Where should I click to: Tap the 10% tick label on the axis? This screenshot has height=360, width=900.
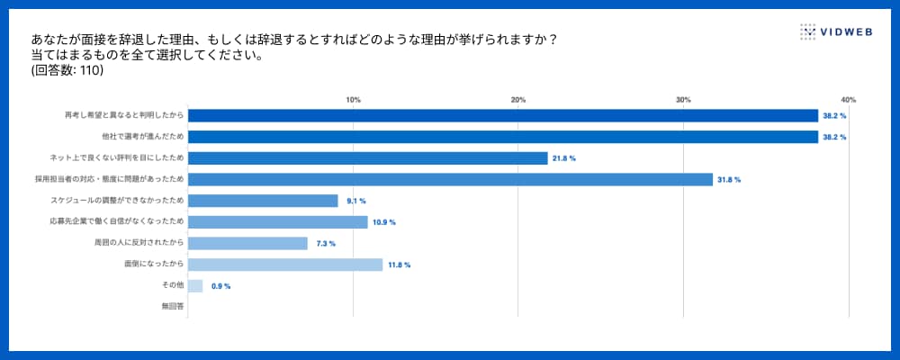pos(354,100)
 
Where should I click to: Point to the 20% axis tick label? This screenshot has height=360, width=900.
pos(518,100)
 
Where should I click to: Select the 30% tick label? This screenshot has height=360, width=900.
pos(683,100)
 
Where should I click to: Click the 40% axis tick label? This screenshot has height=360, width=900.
pos(848,100)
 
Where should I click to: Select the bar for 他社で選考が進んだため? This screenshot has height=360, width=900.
pos(502,137)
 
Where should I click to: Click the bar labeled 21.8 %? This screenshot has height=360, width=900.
pos(367,158)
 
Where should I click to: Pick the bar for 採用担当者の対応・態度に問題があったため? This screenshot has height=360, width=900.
pos(450,180)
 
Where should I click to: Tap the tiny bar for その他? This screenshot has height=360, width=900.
pos(195,286)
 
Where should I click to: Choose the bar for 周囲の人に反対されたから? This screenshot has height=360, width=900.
pos(247,243)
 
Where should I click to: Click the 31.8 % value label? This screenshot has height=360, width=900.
pos(729,180)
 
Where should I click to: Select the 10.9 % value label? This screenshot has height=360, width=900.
pos(384,222)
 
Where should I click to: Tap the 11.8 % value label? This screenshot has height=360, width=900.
pos(400,265)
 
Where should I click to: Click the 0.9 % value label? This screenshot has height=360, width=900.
pos(220,286)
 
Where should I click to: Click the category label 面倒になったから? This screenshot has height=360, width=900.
pos(154,265)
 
